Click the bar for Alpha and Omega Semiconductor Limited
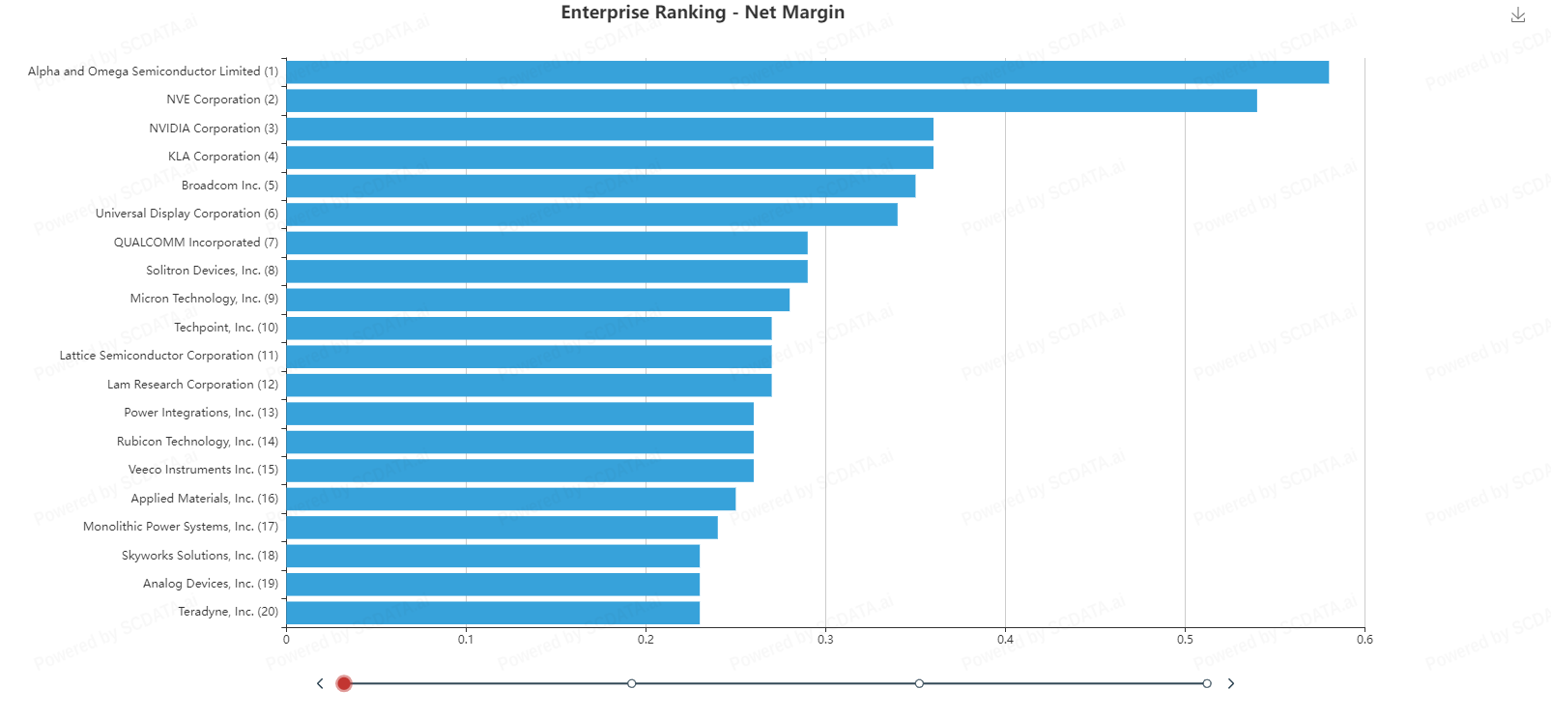(807, 72)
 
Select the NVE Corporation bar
(771, 101)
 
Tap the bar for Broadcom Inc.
(600, 186)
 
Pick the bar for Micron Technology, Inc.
(537, 300)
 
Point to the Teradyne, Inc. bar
(493, 613)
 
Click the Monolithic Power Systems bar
(502, 528)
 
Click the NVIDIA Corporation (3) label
(213, 129)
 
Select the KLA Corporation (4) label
(222, 157)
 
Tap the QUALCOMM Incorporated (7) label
(195, 243)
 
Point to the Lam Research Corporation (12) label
(192, 385)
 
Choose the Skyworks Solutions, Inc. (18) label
(199, 556)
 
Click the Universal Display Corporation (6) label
(187, 214)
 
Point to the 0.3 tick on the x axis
(825, 640)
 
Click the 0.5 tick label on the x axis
(1185, 640)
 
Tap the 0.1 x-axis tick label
(466, 640)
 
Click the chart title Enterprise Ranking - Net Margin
(703, 13)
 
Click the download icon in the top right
(1517, 14)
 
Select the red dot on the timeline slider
(343, 683)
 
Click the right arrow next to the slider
(1230, 683)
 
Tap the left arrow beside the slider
(320, 683)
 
